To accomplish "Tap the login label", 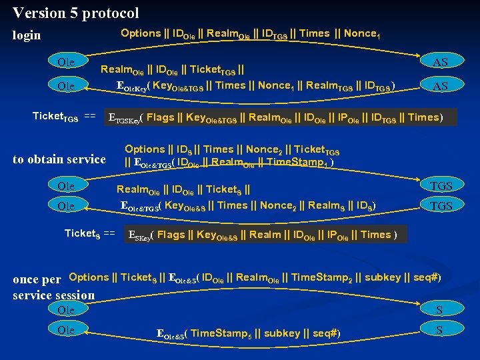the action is pyautogui.click(x=27, y=35).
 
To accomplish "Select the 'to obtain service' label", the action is pyautogui.click(x=59, y=159).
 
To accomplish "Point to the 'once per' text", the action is pyautogui.click(x=37, y=279).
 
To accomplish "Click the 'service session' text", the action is pyautogui.click(x=54, y=295).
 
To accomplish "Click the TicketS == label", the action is pyautogui.click(x=89, y=233).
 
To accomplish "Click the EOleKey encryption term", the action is pyautogui.click(x=133, y=86).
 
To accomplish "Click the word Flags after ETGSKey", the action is pyautogui.click(x=160, y=118).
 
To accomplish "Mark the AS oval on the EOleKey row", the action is pyautogui.click(x=440, y=86).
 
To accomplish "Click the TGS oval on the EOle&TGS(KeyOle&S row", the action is pyautogui.click(x=441, y=206).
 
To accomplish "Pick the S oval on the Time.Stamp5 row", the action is pyautogui.click(x=439, y=330).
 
